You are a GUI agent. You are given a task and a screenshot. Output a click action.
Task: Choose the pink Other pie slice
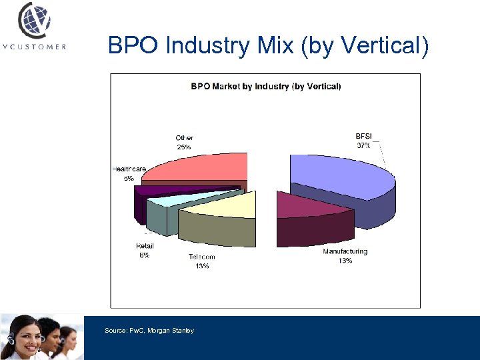coord(200,167)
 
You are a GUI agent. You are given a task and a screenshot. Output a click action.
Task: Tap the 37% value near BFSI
coord(365,145)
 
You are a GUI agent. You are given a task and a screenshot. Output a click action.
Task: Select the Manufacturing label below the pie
coord(345,251)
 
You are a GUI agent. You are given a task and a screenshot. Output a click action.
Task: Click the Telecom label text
coord(201,257)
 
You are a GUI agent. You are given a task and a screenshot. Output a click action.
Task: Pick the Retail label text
coord(145,246)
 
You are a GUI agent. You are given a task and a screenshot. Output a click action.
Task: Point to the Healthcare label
coord(129,169)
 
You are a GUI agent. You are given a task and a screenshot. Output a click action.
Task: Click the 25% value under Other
coord(184,147)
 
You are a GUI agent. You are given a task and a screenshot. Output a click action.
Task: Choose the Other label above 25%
coord(184,138)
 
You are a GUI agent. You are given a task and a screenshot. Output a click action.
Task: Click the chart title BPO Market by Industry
coord(265,86)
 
